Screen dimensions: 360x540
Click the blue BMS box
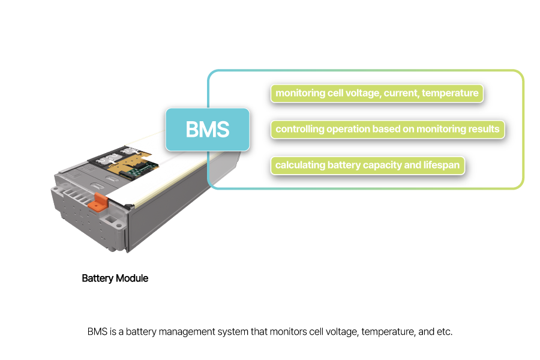[x=207, y=129]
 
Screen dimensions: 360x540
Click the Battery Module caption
[x=115, y=278]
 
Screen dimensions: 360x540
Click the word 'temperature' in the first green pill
[x=450, y=94]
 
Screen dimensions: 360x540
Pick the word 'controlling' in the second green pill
[x=299, y=130]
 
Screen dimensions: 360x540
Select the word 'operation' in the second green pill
[x=348, y=130]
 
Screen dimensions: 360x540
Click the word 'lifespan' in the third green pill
[x=440, y=166]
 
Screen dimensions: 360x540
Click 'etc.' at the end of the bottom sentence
[x=444, y=332]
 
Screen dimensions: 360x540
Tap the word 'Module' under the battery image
[x=133, y=278]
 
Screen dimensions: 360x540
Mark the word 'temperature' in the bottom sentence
[x=383, y=332]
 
